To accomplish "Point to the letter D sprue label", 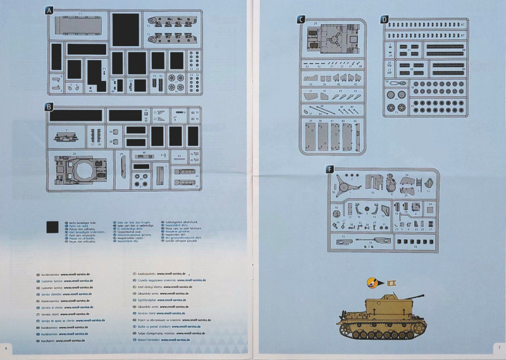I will coord(385,19).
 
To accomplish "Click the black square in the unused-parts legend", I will coord(53,228).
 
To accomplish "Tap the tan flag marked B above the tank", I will coord(391,283).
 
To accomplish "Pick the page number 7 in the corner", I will coord(498,347).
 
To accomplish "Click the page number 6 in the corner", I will coord(6,347).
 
